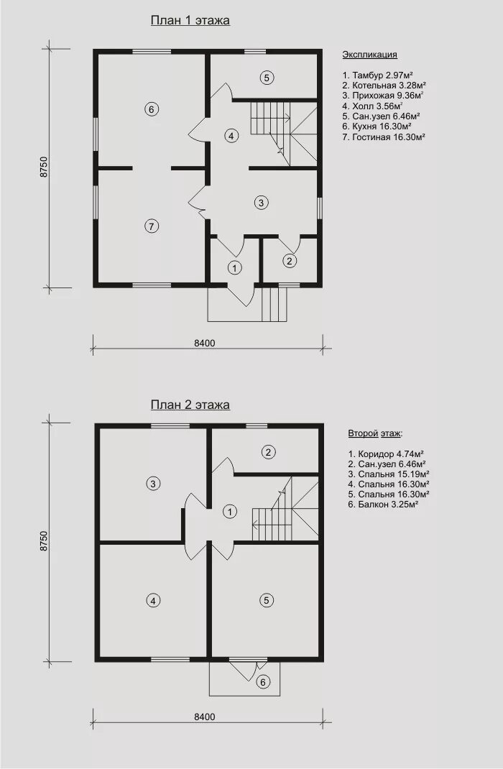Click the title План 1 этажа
coord(190,21)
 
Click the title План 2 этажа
coord(190,405)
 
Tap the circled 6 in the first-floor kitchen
coord(152,109)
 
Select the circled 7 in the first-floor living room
coord(152,226)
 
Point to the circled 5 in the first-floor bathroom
coord(267,78)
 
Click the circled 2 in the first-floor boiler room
coord(290,261)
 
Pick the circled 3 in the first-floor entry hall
coord(261,202)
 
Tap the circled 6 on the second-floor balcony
coord(263,682)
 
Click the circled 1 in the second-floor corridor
coord(229,512)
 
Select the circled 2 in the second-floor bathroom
coord(268,451)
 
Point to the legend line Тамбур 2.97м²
coord(377,75)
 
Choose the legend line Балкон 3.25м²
coord(383,505)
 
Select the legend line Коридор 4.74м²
coord(386,453)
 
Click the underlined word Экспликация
coord(369,55)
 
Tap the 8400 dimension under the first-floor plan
coord(205,344)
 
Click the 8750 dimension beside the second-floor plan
coord(44,541)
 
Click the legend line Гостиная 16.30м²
coord(384,137)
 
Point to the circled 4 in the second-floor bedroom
coord(153,600)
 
